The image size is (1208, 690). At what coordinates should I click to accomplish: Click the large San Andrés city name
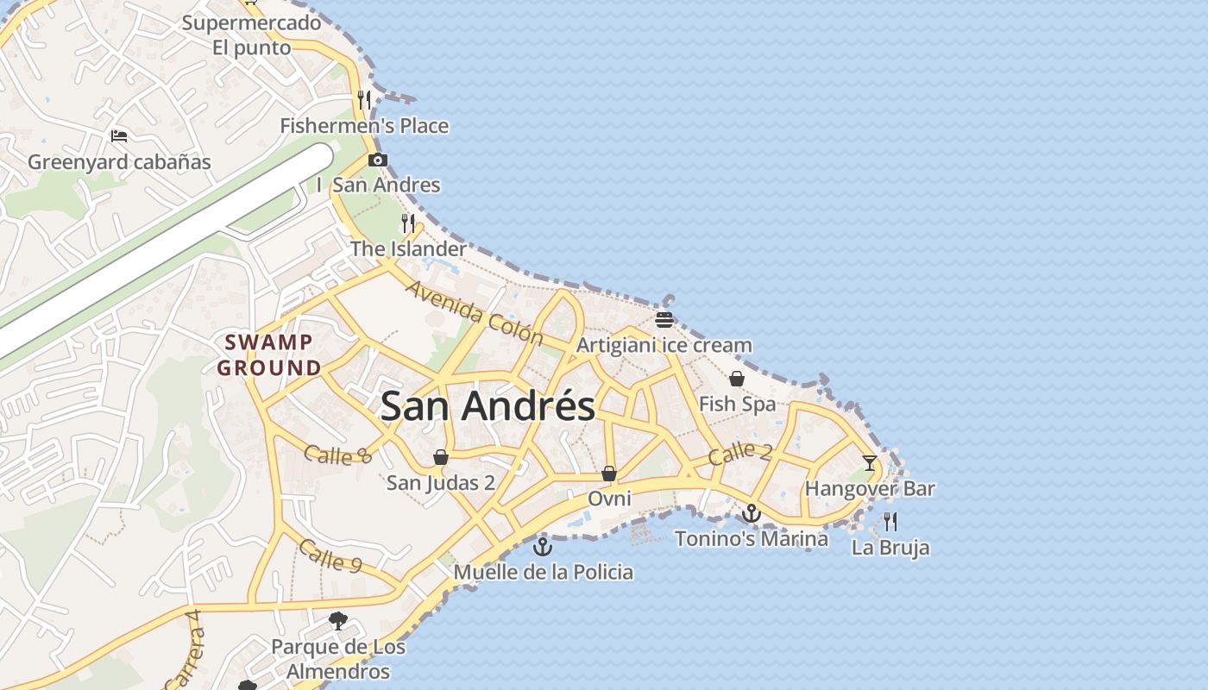pyautogui.click(x=488, y=406)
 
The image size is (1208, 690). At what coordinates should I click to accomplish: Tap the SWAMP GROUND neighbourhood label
pyautogui.click(x=268, y=354)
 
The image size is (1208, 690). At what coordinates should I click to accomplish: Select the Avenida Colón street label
pyautogui.click(x=474, y=312)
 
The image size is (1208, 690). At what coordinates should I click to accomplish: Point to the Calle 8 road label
pyautogui.click(x=337, y=455)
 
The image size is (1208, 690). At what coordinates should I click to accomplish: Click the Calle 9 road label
pyautogui.click(x=330, y=555)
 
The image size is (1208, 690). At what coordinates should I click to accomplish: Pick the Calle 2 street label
pyautogui.click(x=740, y=452)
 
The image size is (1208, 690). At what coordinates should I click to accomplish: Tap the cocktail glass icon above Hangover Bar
pyautogui.click(x=870, y=463)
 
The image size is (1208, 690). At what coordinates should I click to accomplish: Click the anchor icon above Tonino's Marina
pyautogui.click(x=752, y=514)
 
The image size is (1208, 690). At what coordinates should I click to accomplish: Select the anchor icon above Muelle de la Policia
pyautogui.click(x=543, y=546)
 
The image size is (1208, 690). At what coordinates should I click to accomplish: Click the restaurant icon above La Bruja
pyautogui.click(x=890, y=521)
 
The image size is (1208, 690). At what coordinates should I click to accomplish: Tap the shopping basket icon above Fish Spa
pyautogui.click(x=737, y=379)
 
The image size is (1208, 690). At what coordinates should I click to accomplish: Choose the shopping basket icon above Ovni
pyautogui.click(x=609, y=474)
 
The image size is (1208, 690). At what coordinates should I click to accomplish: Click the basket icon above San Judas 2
pyautogui.click(x=441, y=457)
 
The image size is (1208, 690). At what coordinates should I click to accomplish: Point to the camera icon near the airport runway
pyautogui.click(x=377, y=160)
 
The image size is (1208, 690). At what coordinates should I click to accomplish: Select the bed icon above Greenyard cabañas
pyautogui.click(x=119, y=136)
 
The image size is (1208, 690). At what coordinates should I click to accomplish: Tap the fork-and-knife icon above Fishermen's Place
pyautogui.click(x=364, y=100)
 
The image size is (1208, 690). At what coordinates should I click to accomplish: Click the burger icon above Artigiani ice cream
pyautogui.click(x=664, y=321)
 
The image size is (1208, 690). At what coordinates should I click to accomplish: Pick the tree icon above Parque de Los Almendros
pyautogui.click(x=338, y=620)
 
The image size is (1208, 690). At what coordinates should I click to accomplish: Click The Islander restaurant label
pyautogui.click(x=408, y=248)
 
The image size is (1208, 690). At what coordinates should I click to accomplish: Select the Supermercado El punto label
pyautogui.click(x=252, y=34)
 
